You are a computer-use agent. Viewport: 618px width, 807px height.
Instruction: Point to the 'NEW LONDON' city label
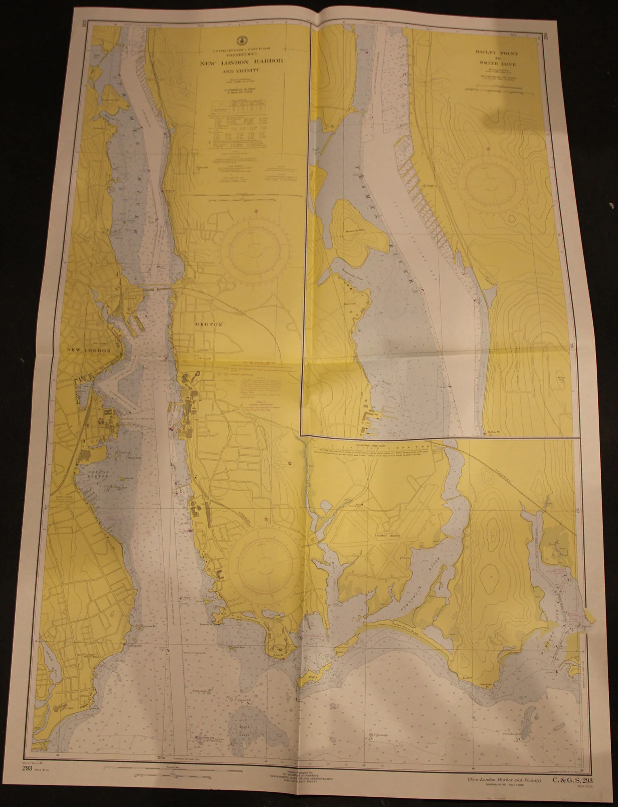coord(89,350)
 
